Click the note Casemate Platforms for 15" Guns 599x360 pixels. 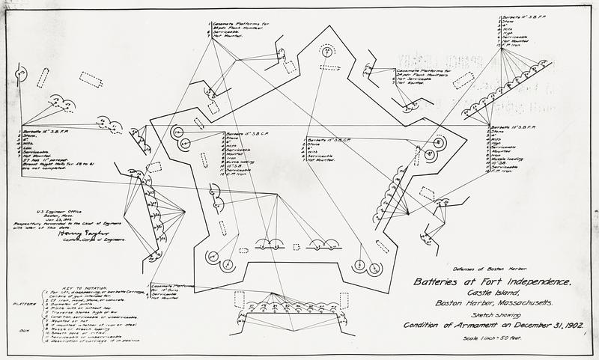click(177, 288)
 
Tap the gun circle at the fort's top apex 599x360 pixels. click(326, 51)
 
